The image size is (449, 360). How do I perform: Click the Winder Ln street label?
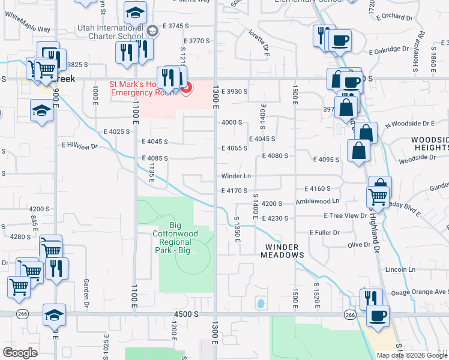point(236,176)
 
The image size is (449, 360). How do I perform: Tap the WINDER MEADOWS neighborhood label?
point(282,251)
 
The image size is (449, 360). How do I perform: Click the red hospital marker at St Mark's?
point(186,88)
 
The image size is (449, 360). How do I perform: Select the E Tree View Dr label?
point(345,215)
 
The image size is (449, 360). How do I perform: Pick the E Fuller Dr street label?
point(325,232)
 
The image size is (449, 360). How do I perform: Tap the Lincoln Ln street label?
point(400,269)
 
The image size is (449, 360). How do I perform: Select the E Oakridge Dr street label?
point(384,49)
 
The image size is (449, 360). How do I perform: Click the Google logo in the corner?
point(20,353)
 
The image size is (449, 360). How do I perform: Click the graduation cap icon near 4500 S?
point(54,314)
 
